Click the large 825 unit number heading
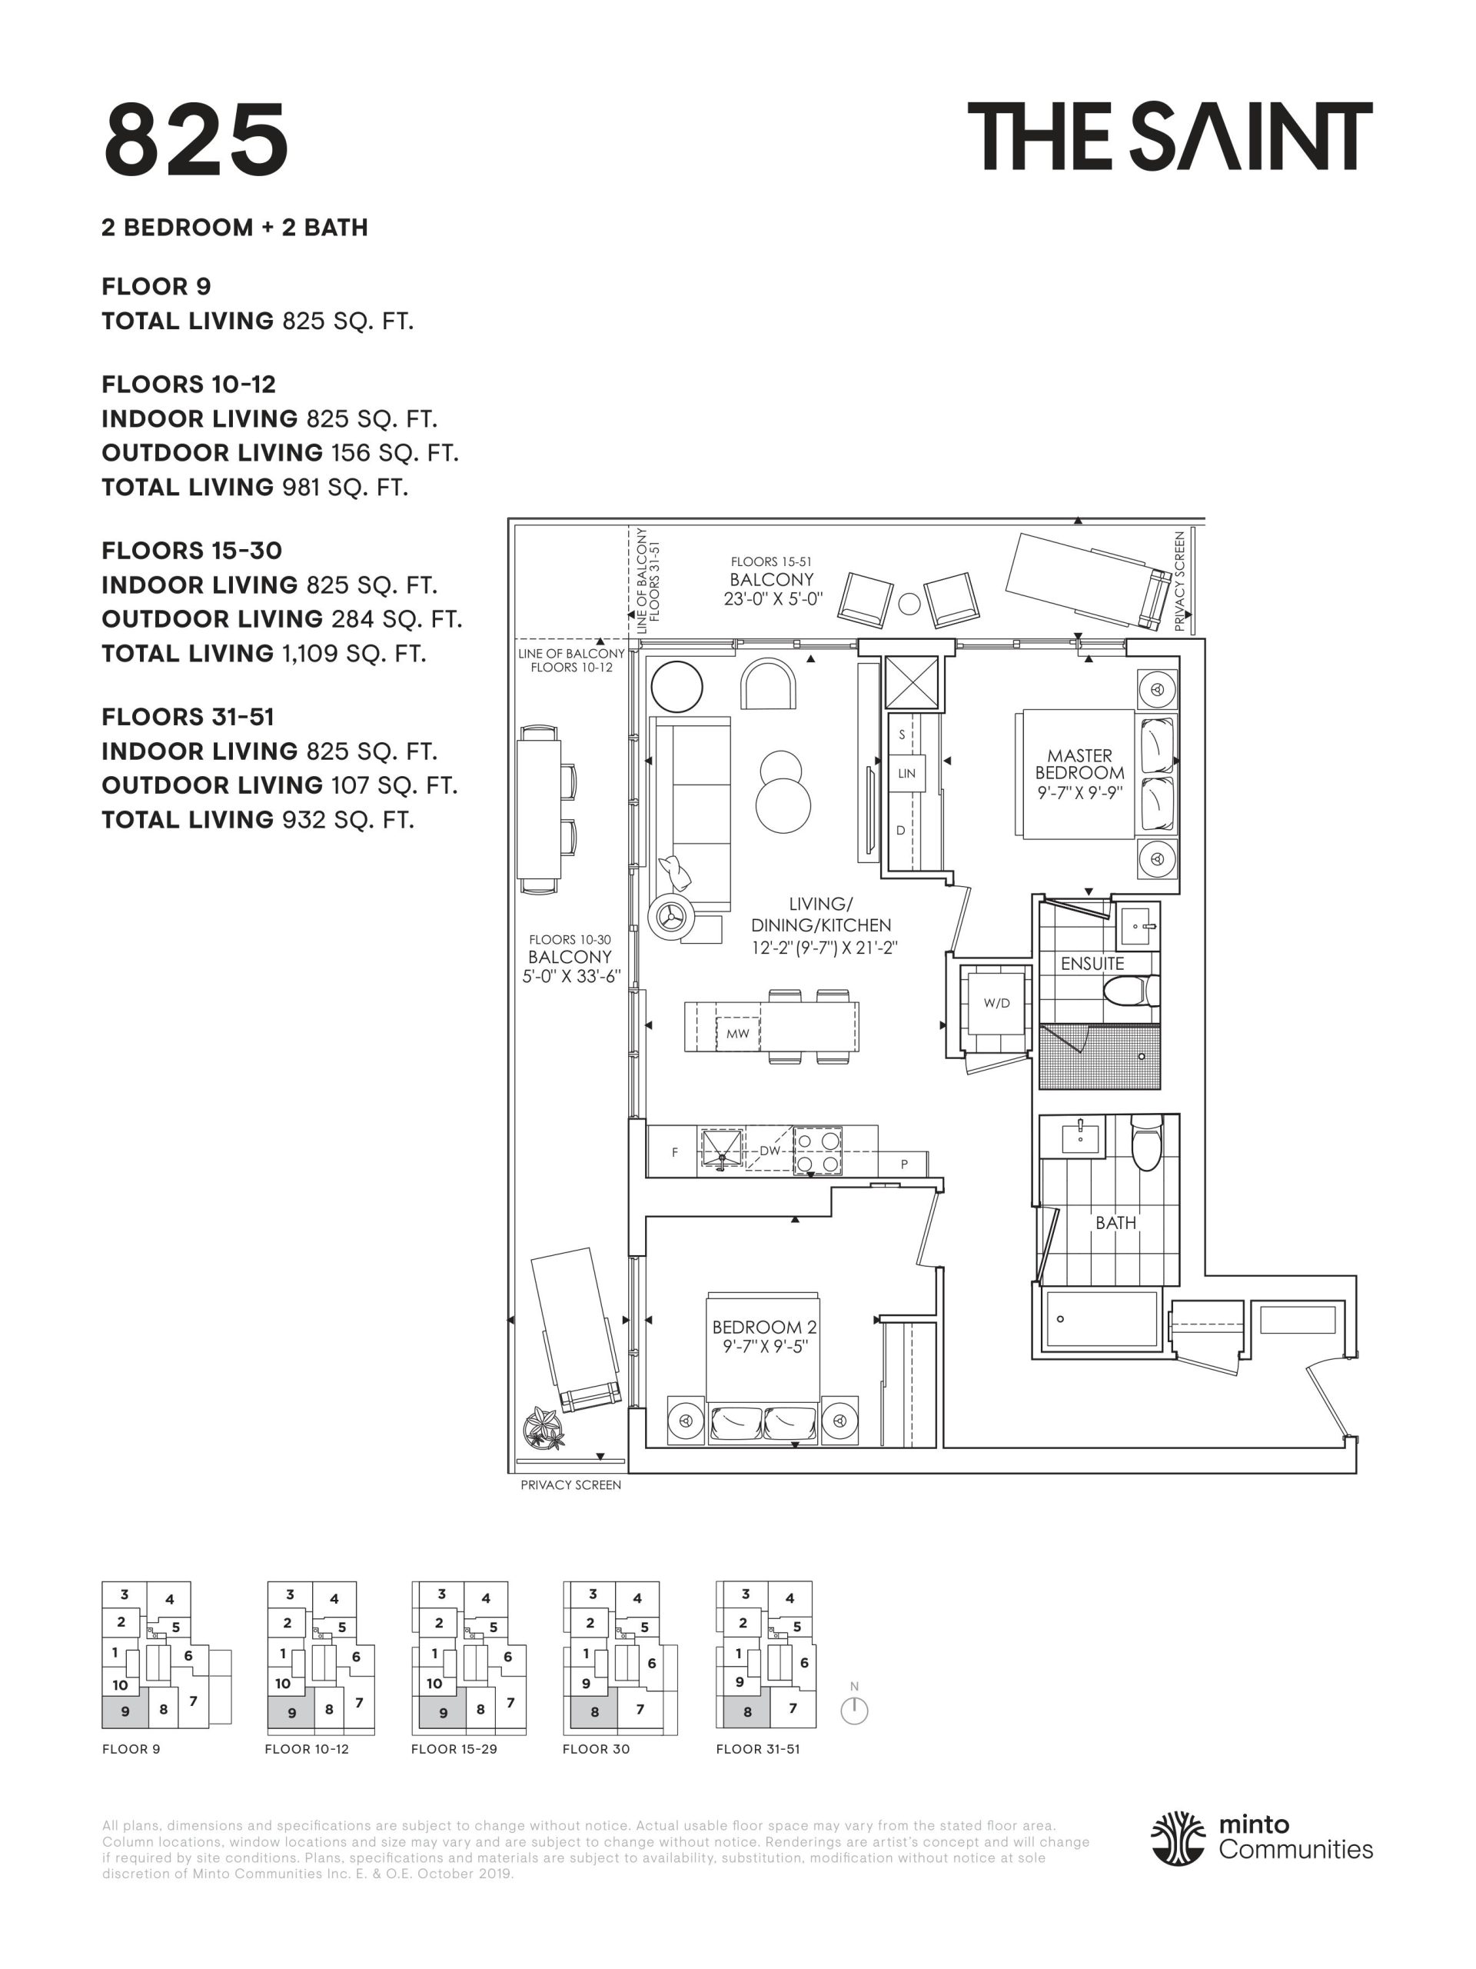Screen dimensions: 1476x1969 [197, 140]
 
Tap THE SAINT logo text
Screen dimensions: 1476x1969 [1170, 136]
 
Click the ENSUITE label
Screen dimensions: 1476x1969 [1092, 963]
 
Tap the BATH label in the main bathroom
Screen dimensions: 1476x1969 [1115, 1222]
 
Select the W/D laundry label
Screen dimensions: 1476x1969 [996, 1003]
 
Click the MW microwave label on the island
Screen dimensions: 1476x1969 [737, 1034]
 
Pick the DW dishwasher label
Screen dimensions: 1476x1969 [770, 1150]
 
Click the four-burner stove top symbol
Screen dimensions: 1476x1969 [818, 1151]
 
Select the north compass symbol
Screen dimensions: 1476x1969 [853, 1708]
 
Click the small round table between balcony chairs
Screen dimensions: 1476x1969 [909, 604]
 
